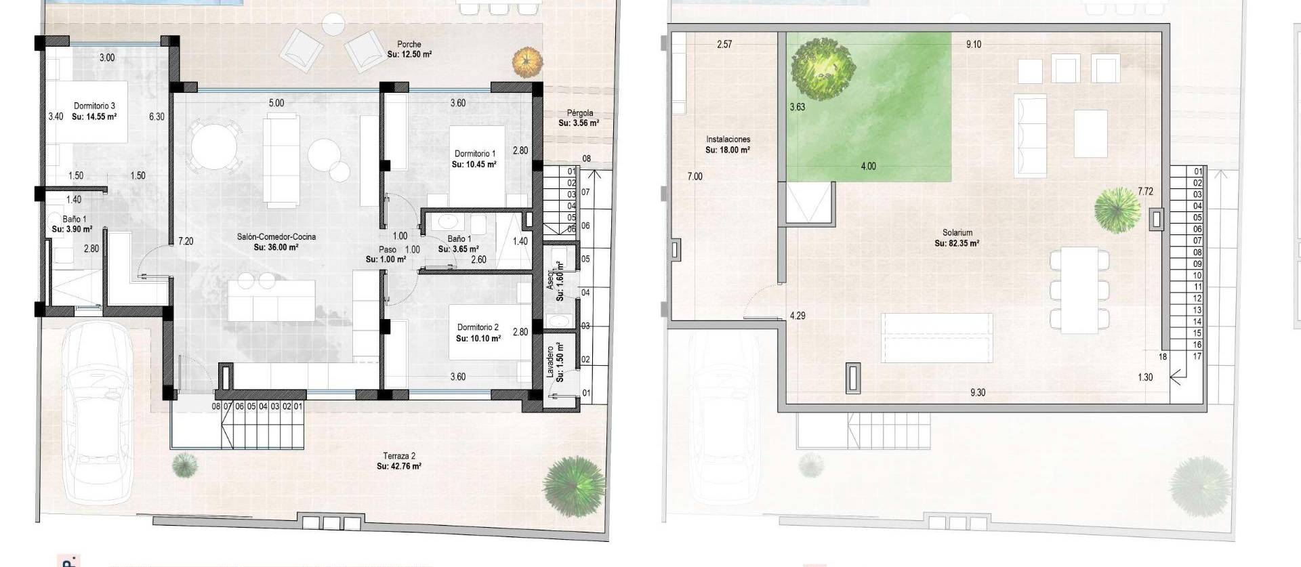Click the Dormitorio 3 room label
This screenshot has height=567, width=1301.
[x=94, y=106]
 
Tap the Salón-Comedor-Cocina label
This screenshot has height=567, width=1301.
[x=276, y=237]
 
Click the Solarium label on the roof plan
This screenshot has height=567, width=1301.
[x=956, y=232]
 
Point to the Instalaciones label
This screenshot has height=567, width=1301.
[x=728, y=140]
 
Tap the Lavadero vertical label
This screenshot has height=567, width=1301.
[x=550, y=362]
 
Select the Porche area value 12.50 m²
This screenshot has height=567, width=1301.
[x=409, y=54]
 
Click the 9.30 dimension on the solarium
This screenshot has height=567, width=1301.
[x=977, y=392]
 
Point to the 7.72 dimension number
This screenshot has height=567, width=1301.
[x=1145, y=192]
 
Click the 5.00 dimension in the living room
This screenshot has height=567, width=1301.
[x=276, y=103]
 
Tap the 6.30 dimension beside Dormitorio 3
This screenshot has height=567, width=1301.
[x=157, y=117]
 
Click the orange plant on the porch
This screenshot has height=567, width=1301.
[x=528, y=62]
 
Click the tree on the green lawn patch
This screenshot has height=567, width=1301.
[x=823, y=66]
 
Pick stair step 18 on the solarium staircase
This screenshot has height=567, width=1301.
[x=1163, y=356]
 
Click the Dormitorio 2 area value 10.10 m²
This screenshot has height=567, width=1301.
[x=478, y=338]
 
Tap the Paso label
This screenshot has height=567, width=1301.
[x=387, y=249]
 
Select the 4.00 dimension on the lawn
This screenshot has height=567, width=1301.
[x=868, y=166]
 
